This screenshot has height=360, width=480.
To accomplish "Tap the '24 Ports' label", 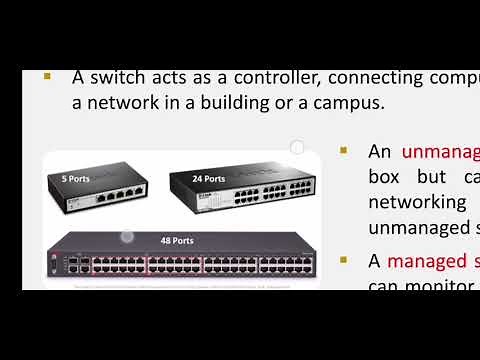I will (x=209, y=179).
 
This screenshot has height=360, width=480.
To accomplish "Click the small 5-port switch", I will (x=96, y=194).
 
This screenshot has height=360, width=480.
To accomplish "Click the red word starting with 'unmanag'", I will (x=440, y=152).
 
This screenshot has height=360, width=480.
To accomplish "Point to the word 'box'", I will (x=384, y=177).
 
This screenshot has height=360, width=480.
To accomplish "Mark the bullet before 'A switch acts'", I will (x=47, y=77).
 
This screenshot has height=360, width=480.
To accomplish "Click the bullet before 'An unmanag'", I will (x=344, y=151).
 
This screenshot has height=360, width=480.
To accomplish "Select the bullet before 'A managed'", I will (x=344, y=260).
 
